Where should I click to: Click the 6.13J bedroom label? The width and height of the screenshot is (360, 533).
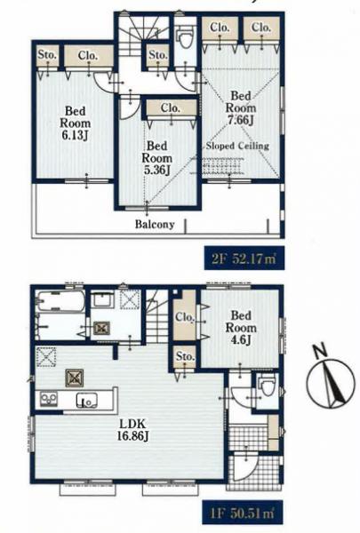click(76, 123)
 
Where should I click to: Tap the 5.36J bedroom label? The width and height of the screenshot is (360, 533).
click(156, 158)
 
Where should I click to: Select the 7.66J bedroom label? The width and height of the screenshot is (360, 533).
click(241, 107)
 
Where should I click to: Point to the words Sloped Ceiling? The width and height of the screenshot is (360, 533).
click(237, 146)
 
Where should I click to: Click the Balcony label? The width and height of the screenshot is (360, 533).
click(155, 224)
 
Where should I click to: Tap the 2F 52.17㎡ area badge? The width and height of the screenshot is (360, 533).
click(244, 259)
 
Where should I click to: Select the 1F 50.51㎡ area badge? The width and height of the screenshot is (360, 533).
click(243, 513)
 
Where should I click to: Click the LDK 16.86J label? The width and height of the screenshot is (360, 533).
click(132, 430)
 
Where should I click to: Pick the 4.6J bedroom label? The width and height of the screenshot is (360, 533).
click(241, 327)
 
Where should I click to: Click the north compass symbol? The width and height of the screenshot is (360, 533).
click(330, 381)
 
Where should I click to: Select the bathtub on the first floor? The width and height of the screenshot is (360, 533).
click(60, 300)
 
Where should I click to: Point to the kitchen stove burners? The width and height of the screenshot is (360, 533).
click(49, 399)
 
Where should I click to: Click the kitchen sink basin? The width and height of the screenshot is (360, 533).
click(87, 400)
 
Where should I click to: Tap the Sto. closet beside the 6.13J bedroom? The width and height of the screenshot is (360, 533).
click(47, 55)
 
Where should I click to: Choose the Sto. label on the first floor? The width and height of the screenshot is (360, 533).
click(186, 356)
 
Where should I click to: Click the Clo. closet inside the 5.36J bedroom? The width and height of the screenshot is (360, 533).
click(172, 108)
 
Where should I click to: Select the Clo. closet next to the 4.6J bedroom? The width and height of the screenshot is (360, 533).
click(185, 314)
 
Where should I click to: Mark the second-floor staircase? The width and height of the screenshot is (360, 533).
click(141, 36)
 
